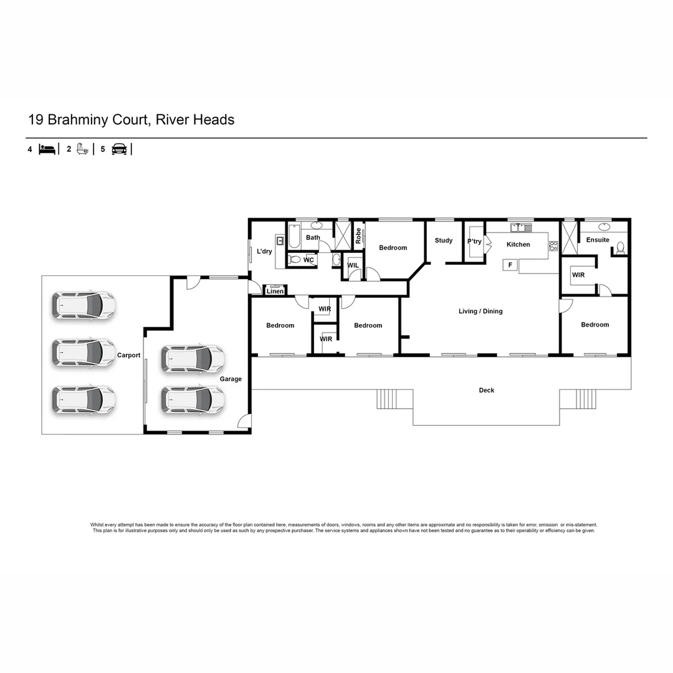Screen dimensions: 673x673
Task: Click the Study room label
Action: point(444,241)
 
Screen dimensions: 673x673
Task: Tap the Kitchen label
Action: point(518,245)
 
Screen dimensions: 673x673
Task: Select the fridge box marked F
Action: point(510,265)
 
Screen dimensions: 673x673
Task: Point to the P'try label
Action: point(474,242)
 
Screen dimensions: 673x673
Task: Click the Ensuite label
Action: point(598,240)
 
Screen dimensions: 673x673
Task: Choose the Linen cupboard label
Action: point(275,291)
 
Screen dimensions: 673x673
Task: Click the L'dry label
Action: point(264,252)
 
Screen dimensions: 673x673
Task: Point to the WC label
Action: point(308,260)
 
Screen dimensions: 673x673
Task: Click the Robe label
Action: point(358,235)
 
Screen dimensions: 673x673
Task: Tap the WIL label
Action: point(353,265)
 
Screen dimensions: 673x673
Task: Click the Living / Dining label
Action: point(480,312)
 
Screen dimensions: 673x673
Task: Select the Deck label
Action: point(487,391)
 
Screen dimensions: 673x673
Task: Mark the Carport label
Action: point(129,355)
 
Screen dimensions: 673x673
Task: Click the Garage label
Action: point(231,379)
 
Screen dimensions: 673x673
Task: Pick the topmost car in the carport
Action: point(83,305)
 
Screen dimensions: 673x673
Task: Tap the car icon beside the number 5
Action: point(119,149)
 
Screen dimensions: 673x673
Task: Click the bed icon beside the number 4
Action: point(47,149)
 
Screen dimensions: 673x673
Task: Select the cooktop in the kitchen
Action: point(553,246)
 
